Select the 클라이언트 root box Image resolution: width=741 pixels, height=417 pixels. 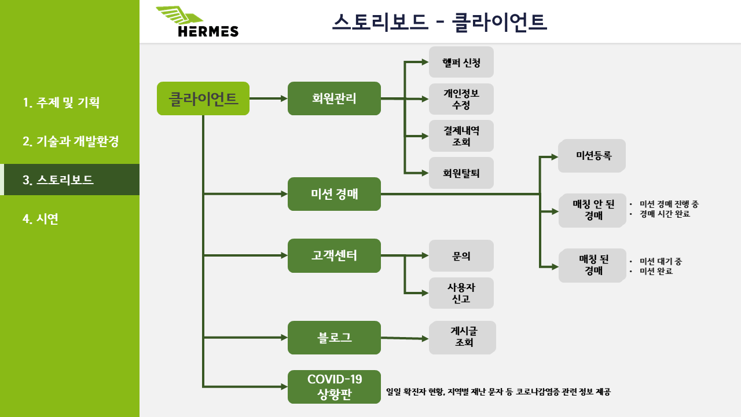203,98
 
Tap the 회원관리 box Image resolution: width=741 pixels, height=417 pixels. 334,98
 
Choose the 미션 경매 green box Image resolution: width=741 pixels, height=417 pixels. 334,194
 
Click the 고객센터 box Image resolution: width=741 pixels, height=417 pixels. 334,255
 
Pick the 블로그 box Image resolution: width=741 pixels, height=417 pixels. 334,338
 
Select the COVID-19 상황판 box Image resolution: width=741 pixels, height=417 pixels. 334,387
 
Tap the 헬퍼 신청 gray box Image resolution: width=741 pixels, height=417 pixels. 461,62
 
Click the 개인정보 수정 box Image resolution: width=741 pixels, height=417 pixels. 461,99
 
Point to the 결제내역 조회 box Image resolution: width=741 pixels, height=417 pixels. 461,136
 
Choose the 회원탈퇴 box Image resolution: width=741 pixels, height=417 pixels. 461,173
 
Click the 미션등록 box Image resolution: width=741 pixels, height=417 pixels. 592,156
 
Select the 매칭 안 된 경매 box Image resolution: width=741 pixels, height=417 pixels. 592,210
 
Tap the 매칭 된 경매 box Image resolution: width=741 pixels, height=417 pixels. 592,265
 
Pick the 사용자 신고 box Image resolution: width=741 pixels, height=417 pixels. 461,293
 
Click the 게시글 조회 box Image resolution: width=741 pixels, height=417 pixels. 462,337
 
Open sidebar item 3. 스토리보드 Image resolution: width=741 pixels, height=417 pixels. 69,180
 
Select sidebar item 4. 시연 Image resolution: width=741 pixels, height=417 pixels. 41,219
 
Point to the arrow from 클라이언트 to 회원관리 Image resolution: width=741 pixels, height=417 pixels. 269,98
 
